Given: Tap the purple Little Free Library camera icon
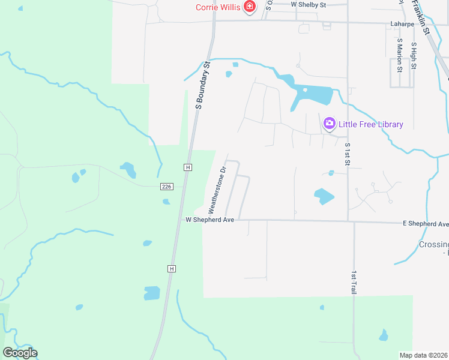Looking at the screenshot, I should [x=329, y=124].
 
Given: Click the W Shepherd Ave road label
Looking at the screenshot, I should [x=209, y=220].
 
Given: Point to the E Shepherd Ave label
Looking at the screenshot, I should [x=426, y=224].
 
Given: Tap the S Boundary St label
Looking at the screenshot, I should [x=202, y=85].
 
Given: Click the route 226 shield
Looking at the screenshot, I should [x=167, y=187].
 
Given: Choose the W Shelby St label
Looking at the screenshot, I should [x=308, y=5].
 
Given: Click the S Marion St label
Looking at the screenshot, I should [x=399, y=56].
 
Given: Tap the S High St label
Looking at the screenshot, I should [x=414, y=56].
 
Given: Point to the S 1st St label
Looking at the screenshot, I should [x=347, y=155].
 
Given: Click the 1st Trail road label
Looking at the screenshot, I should [x=354, y=281].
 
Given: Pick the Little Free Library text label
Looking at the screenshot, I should [x=370, y=124].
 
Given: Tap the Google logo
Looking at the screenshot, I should [x=20, y=353].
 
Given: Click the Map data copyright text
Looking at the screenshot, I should [x=423, y=355].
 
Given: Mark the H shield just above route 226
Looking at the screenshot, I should [x=188, y=167].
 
